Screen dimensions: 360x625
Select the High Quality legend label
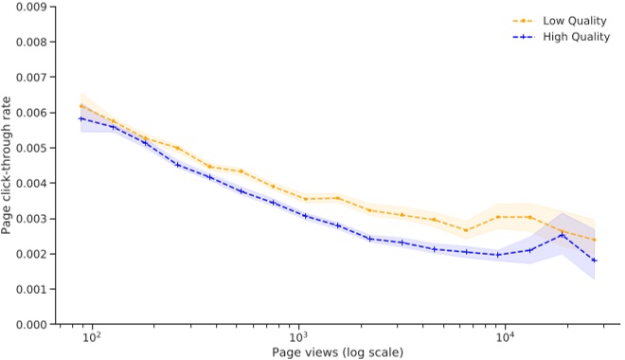(x=578, y=37)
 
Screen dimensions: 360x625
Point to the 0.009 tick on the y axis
(x=34, y=7)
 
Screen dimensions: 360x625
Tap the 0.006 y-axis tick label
(x=34, y=113)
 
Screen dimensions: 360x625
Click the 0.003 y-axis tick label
(x=34, y=219)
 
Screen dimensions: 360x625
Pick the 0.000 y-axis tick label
(x=34, y=324)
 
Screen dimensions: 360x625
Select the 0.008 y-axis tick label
(x=34, y=43)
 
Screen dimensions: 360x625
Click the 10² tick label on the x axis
(x=91, y=340)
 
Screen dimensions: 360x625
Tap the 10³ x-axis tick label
(x=298, y=340)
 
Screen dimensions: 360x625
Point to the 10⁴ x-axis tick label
(x=505, y=340)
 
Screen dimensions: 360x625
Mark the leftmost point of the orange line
(x=82, y=106)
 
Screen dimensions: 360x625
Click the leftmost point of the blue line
(x=82, y=118)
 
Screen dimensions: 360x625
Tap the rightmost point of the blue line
(x=594, y=261)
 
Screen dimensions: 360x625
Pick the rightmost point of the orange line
(x=594, y=240)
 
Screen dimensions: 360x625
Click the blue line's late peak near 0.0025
(x=562, y=235)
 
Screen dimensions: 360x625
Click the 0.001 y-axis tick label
(x=34, y=289)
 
